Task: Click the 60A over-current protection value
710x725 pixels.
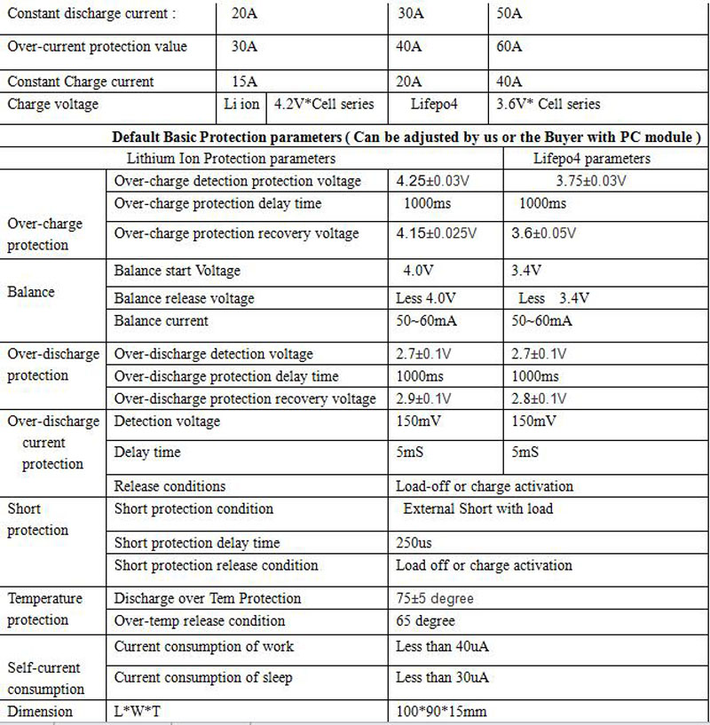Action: [x=510, y=47]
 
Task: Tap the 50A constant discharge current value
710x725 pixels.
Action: [x=510, y=14]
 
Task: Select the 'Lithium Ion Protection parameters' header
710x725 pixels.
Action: [x=232, y=159]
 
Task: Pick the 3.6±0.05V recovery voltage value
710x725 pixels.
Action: [x=543, y=234]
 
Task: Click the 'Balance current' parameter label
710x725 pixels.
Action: [x=162, y=320]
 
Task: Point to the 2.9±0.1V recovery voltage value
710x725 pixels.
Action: [x=423, y=398]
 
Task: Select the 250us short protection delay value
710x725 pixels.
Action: [x=414, y=543]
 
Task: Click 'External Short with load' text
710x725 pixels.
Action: [x=477, y=509]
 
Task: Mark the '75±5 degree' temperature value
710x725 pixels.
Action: [x=435, y=599]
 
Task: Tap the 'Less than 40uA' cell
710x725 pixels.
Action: [x=442, y=647]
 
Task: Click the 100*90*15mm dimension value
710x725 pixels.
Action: [x=441, y=712]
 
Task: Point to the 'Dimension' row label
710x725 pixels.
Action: [x=40, y=712]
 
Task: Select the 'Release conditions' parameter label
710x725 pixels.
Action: [x=170, y=486]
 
